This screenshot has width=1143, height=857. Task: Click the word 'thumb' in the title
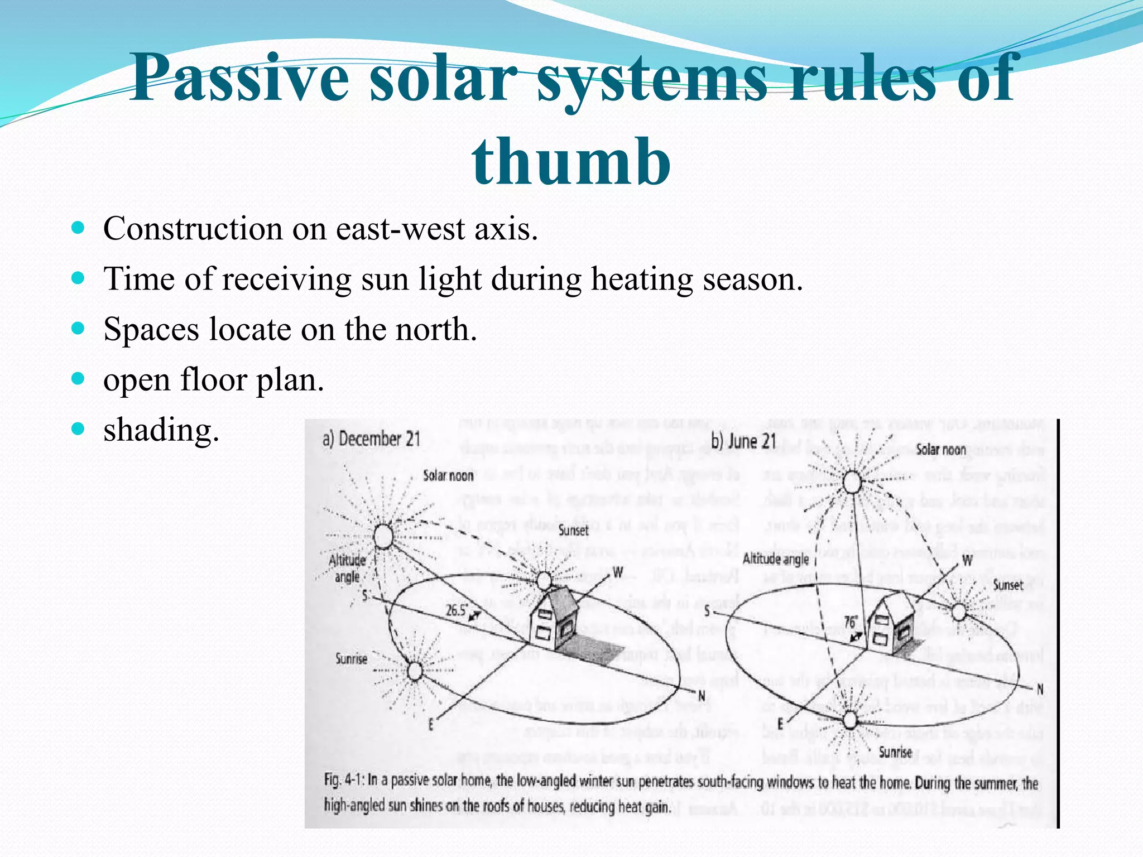[x=571, y=162]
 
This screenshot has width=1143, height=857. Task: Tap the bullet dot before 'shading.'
[x=78, y=430]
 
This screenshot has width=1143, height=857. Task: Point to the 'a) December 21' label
[x=371, y=439]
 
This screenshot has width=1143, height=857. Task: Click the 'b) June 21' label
[x=743, y=441]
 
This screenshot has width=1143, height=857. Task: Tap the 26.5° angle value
[x=456, y=610]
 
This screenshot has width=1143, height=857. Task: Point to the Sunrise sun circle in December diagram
[x=415, y=671]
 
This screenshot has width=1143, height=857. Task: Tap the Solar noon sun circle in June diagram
[x=852, y=482]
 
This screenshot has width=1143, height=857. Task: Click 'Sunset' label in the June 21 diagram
[x=1008, y=585]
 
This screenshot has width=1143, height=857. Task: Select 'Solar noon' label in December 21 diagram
[x=448, y=476]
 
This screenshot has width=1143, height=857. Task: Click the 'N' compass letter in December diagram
[x=702, y=696]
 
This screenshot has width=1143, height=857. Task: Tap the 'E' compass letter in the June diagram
[x=780, y=724]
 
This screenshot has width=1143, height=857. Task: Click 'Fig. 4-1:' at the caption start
[x=344, y=781]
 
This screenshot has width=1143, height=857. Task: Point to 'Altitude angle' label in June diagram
[x=775, y=559]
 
